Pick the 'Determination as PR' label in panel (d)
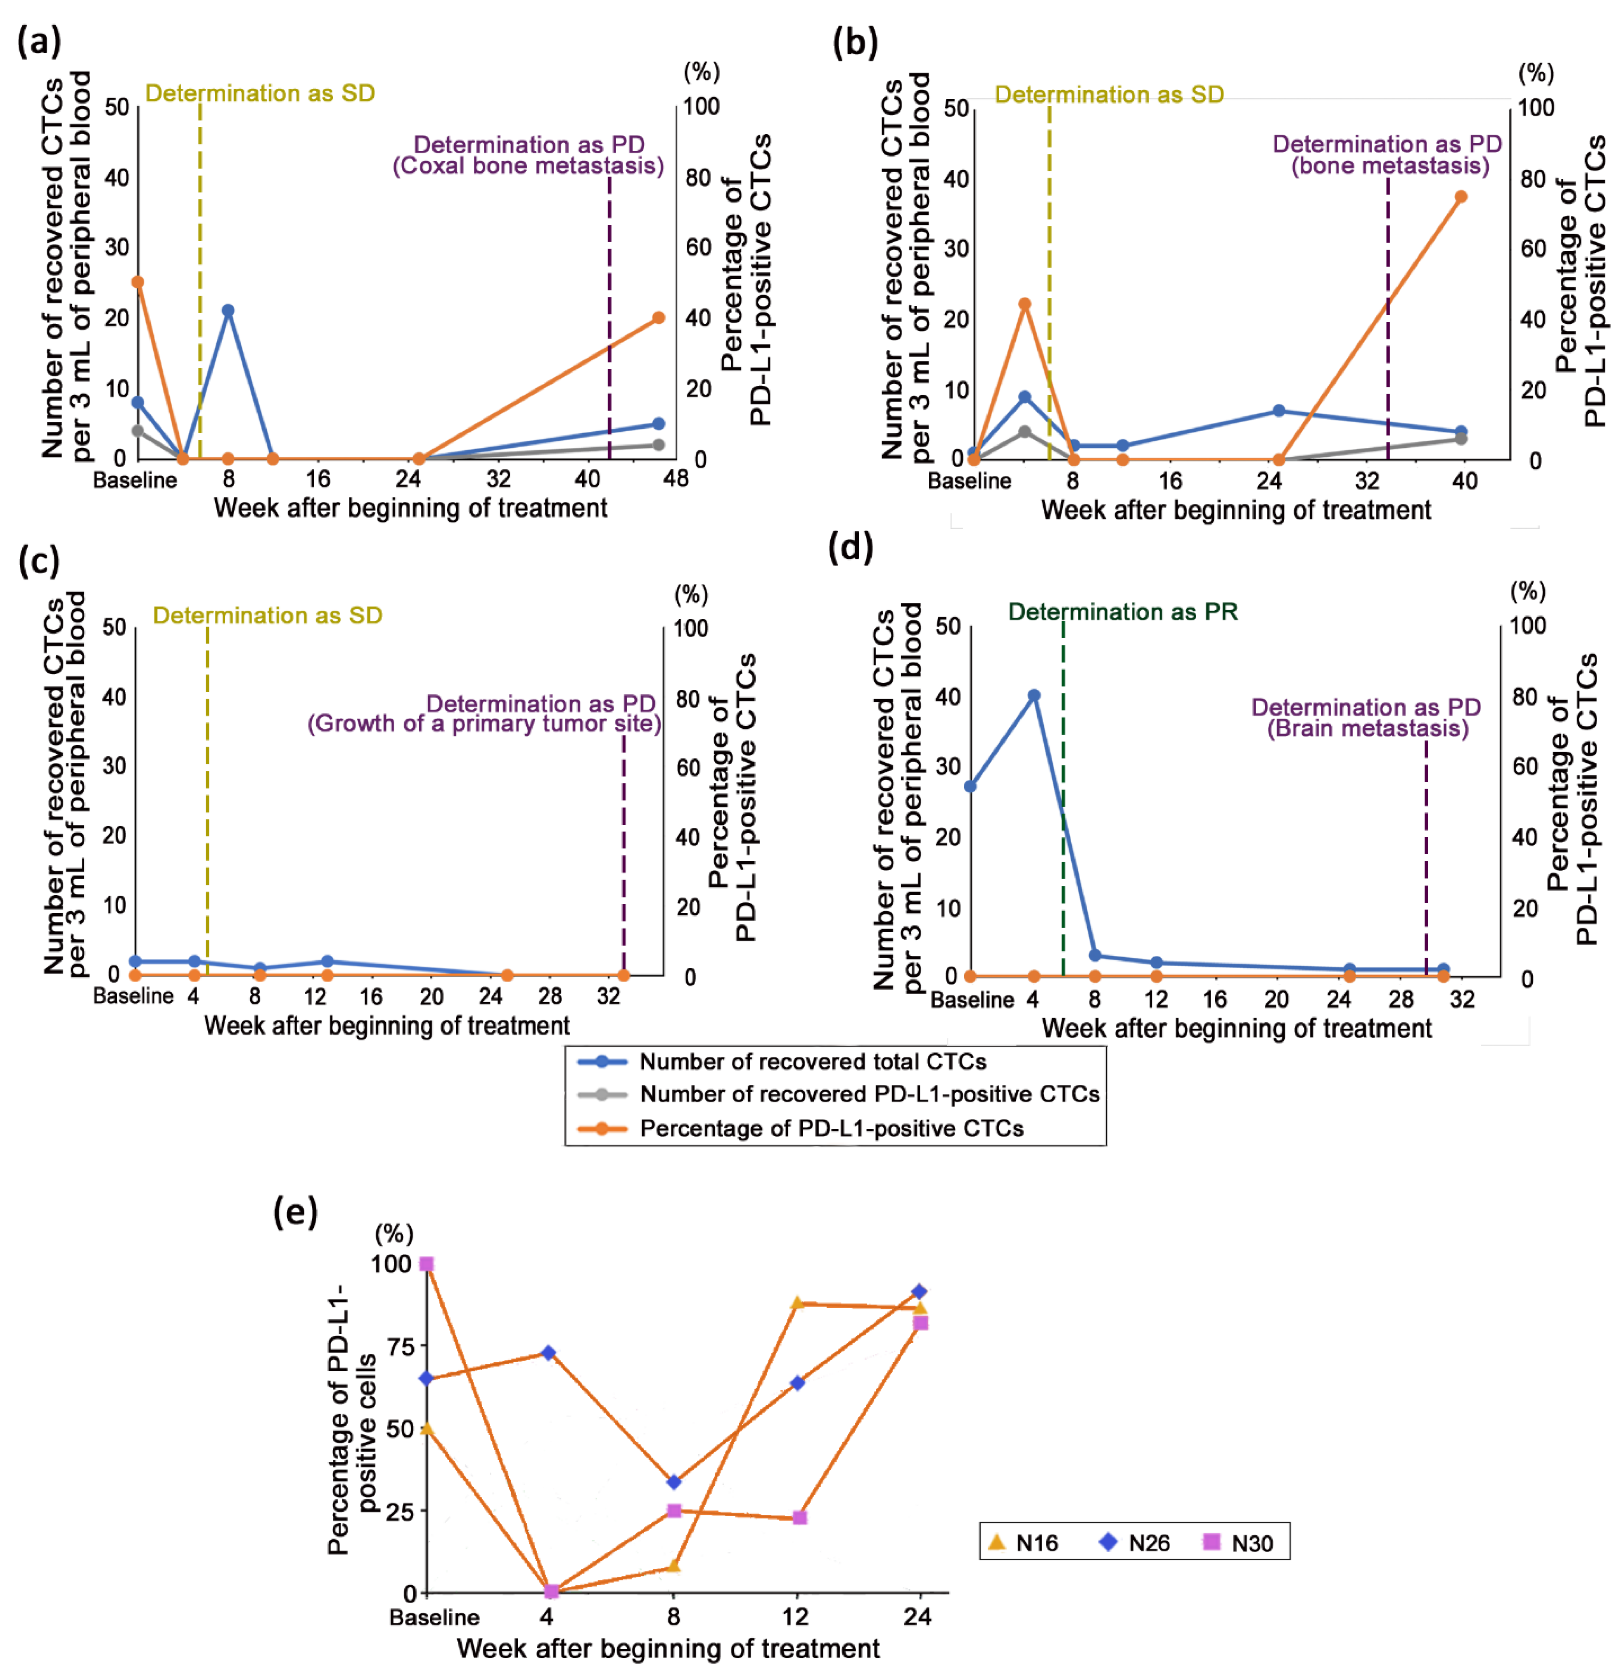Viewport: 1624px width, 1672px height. (1122, 612)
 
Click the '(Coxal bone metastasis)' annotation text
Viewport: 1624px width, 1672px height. (528, 166)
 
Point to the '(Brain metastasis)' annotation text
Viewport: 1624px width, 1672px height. (1367, 729)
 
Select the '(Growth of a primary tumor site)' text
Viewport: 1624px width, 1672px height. (484, 723)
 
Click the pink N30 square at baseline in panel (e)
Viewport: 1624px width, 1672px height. (427, 1263)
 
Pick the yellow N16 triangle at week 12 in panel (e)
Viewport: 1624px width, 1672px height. (797, 1303)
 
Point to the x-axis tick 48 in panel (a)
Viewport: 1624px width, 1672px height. (676, 479)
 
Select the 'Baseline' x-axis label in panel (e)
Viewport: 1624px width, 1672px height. (434, 1617)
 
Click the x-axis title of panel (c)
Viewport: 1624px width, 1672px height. (386, 1025)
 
